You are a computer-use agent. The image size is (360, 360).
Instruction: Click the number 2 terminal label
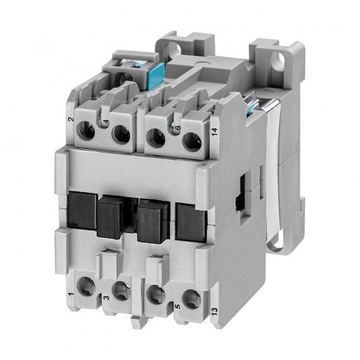71,119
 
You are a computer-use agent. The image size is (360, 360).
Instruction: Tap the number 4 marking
106,121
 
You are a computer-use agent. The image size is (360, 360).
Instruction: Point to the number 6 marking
178,128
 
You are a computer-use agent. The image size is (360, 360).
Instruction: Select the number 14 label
214,132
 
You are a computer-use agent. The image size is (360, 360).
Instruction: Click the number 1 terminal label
71,294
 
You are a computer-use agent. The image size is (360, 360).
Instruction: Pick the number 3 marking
106,297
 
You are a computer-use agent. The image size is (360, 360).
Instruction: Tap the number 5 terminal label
177,306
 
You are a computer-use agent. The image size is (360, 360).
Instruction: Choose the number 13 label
214,311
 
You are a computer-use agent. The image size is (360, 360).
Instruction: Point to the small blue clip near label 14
251,103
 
